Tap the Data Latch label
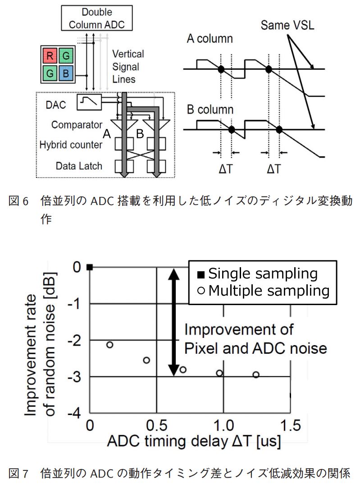(79, 165)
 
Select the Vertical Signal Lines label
(128, 67)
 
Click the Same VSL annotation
(287, 25)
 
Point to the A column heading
(210, 39)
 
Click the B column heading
(210, 109)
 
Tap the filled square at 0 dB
(90, 267)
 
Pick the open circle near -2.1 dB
(109, 345)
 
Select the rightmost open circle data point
(256, 374)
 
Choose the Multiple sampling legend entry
(263, 291)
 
